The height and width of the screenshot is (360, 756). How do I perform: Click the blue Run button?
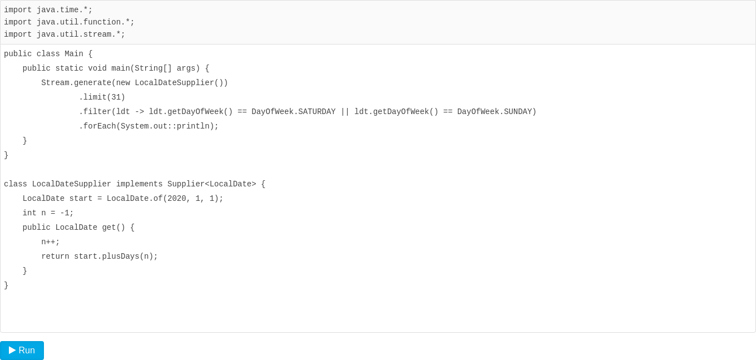click(x=22, y=351)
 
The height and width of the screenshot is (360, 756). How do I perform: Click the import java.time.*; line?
click(x=48, y=10)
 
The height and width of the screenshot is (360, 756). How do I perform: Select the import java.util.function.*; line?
click(x=69, y=22)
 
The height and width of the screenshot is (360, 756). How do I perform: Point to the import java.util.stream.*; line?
click(x=65, y=34)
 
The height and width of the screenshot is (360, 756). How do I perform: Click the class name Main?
click(x=74, y=54)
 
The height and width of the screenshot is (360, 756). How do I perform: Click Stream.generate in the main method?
click(x=76, y=83)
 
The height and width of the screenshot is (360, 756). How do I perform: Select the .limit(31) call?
click(x=102, y=97)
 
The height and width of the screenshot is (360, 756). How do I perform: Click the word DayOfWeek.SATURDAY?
click(x=294, y=112)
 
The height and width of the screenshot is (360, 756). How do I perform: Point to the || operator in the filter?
click(x=345, y=112)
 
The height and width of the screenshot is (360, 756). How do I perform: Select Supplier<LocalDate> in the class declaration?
click(x=212, y=184)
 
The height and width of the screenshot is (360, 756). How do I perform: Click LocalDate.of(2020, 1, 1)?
click(x=165, y=199)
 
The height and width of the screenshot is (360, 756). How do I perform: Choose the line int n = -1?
click(x=48, y=213)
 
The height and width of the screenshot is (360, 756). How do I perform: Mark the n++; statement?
click(x=51, y=242)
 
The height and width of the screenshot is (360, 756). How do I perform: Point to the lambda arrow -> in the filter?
click(x=140, y=112)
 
